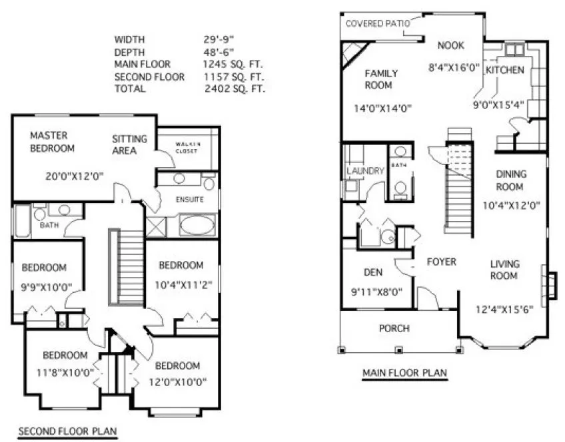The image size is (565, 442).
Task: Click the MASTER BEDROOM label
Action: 52,142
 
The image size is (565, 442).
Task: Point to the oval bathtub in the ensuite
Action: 197,224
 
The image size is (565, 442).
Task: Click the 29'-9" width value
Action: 218,39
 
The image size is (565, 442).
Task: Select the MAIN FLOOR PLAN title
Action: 404,372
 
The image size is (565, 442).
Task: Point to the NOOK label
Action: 450,45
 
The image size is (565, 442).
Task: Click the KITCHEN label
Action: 504,70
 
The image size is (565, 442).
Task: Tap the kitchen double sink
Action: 514,50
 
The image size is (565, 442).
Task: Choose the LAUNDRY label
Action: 366,171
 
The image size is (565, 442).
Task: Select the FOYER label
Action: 441,262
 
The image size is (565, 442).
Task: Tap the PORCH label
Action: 394,328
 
